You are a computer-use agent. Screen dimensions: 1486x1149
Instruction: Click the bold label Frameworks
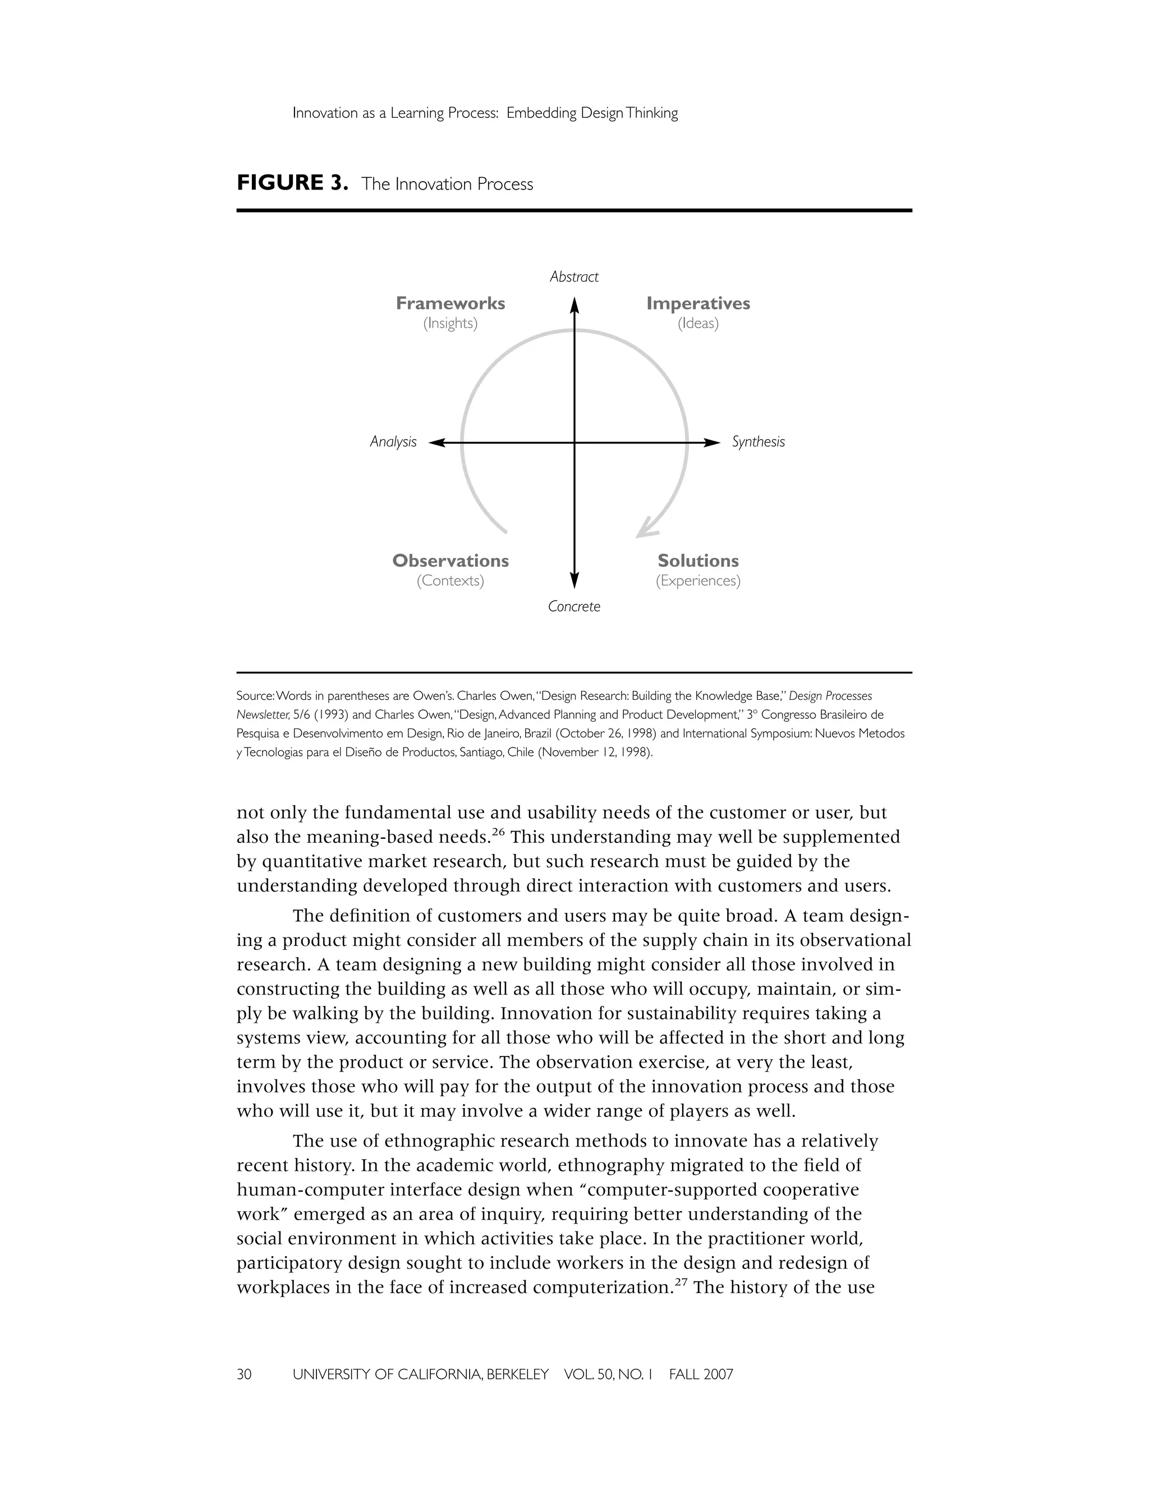(x=450, y=303)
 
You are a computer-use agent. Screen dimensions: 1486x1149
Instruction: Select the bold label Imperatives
(x=698, y=303)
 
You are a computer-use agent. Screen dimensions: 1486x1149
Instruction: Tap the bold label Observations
(x=450, y=561)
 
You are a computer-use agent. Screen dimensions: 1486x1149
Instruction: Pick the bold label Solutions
(x=698, y=561)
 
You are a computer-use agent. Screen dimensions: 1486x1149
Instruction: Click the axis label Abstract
(x=574, y=277)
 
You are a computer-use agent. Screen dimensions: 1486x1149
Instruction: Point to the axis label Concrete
(x=574, y=606)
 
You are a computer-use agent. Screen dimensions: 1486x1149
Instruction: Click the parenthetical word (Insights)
(x=450, y=323)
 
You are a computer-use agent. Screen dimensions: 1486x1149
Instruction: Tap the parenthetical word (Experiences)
(x=698, y=581)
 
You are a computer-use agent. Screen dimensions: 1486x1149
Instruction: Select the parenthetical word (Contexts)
(x=450, y=581)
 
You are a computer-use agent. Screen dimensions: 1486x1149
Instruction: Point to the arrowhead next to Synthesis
(x=712, y=443)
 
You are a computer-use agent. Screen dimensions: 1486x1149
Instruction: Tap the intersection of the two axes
(x=574, y=443)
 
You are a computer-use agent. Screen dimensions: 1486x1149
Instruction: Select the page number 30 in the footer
(x=243, y=1374)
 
